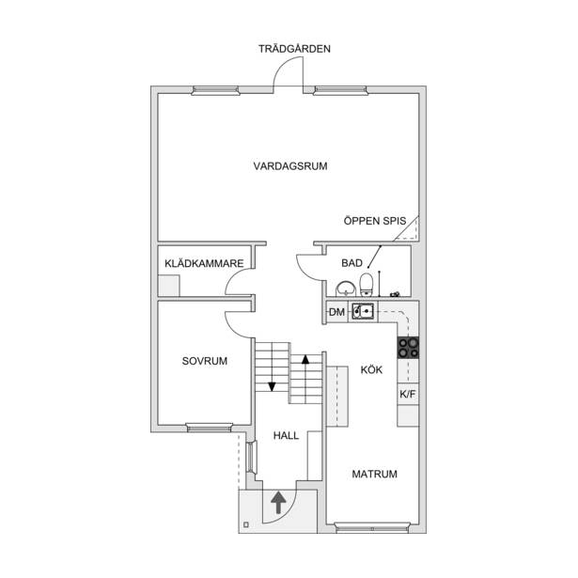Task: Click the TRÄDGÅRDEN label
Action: (294, 49)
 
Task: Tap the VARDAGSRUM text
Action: (290, 165)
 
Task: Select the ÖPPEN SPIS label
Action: (374, 221)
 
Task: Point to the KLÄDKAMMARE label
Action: (204, 263)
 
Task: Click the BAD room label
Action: (351, 263)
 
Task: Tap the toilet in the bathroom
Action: (367, 285)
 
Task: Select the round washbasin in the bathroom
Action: (346, 289)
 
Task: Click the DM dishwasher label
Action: (336, 312)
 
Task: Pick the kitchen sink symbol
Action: (363, 311)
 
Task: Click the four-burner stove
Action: (408, 348)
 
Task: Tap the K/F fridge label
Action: (407, 395)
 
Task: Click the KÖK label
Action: (371, 369)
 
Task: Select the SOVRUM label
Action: (205, 361)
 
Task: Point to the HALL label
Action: (286, 436)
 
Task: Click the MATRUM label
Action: (374, 474)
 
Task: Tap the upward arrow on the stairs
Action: (305, 379)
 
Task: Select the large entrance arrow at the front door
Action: (278, 502)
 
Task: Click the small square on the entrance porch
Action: (246, 524)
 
